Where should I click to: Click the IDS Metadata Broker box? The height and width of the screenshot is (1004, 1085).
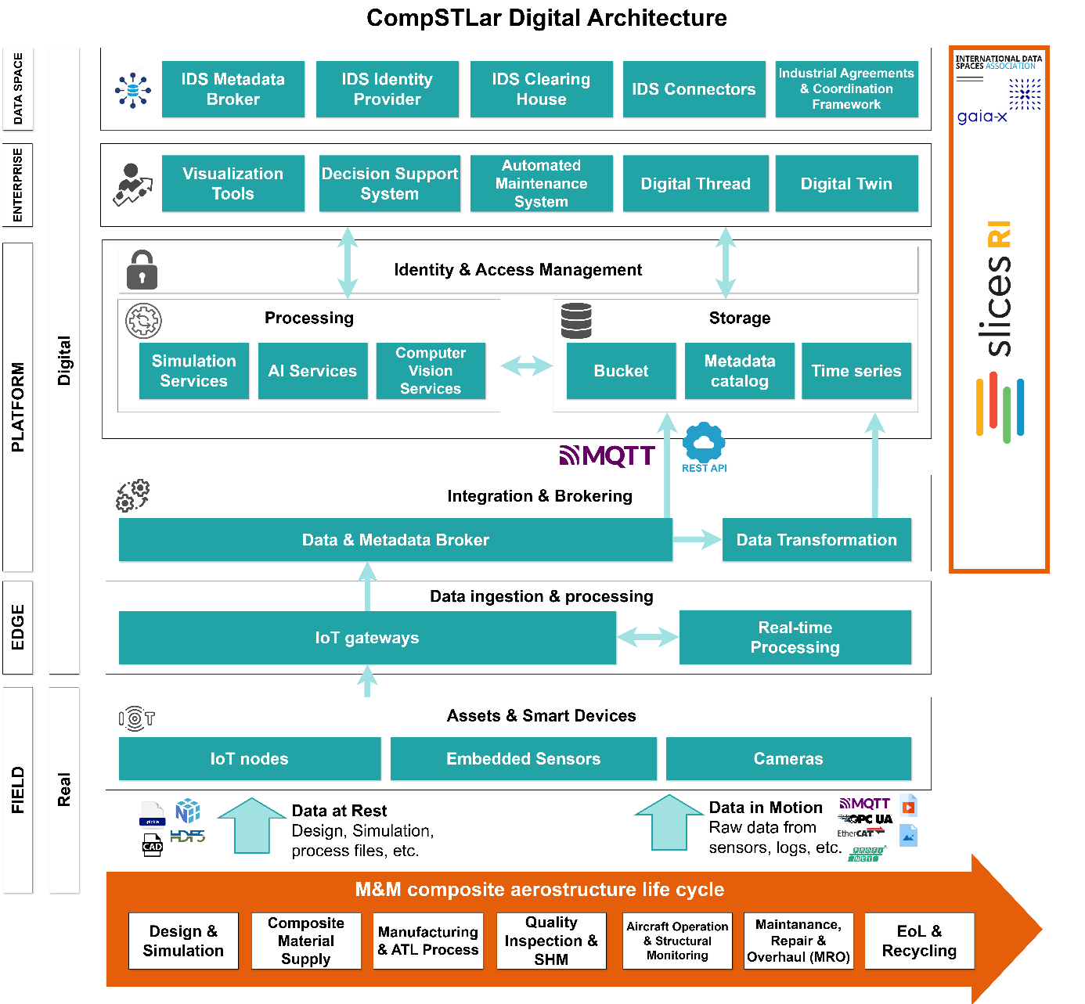tap(232, 89)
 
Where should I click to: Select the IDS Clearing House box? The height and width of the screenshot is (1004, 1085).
tap(541, 89)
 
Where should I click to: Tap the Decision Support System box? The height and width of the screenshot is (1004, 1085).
tap(389, 183)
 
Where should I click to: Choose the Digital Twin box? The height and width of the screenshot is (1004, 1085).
tap(846, 183)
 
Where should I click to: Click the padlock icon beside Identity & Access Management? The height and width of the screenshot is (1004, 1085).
tap(142, 270)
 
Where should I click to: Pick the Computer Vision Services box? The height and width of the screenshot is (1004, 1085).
tap(431, 371)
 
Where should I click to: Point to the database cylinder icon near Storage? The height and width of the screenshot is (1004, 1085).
tap(576, 321)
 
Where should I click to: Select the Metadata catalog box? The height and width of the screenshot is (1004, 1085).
tap(739, 371)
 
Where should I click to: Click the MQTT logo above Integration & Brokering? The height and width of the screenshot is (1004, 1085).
tap(607, 455)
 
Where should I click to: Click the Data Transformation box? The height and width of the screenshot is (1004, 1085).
tap(816, 540)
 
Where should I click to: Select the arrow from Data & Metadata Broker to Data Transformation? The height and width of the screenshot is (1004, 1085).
tap(697, 539)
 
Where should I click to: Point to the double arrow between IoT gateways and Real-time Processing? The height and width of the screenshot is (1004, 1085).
tap(647, 638)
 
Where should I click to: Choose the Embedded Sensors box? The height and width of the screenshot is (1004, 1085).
tap(523, 758)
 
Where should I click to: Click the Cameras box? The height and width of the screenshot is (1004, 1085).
tap(788, 758)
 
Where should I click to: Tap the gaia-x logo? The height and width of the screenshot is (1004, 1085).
tap(982, 117)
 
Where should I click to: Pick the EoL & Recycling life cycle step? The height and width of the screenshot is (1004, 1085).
tap(919, 941)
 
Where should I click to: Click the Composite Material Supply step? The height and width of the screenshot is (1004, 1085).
tap(306, 941)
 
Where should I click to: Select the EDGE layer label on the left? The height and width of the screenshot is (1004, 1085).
tap(18, 628)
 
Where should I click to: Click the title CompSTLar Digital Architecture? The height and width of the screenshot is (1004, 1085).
tap(546, 18)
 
